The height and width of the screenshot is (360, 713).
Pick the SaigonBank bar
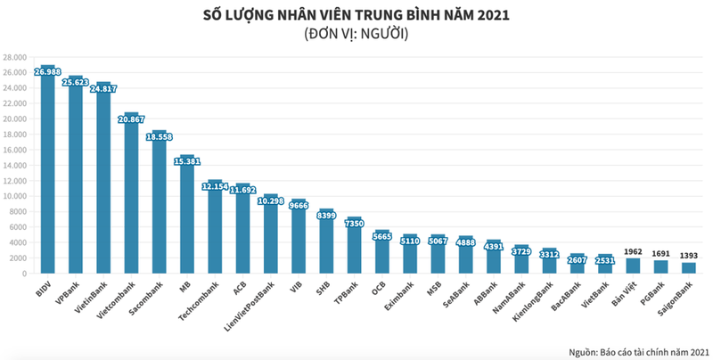click(689, 268)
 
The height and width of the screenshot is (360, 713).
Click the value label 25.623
click(76, 82)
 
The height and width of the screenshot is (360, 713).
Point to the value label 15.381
click(186, 161)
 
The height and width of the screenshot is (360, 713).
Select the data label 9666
click(298, 205)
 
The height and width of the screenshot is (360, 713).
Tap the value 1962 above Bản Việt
click(634, 251)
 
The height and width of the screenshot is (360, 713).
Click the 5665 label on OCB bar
click(381, 236)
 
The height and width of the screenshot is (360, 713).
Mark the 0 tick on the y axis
click(22, 274)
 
